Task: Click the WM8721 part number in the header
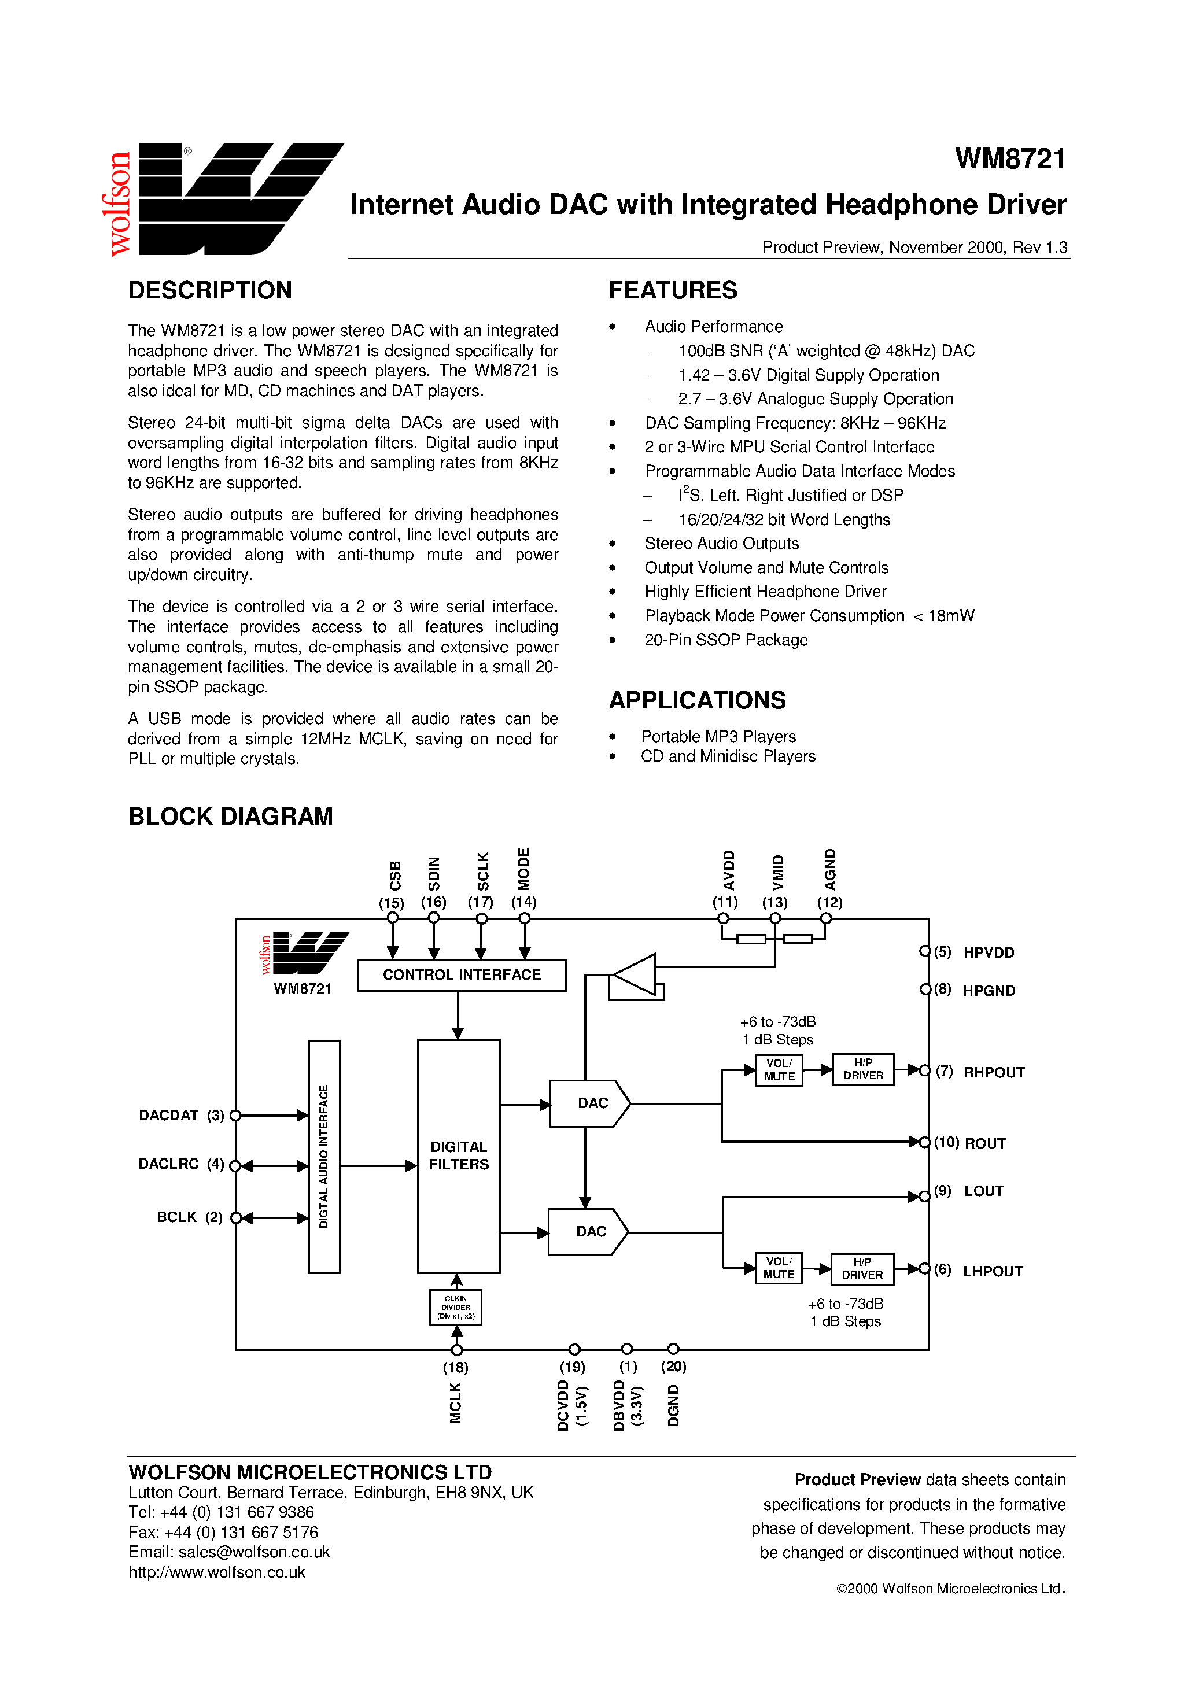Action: [1009, 159]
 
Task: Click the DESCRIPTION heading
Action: [210, 290]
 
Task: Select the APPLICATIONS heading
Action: [697, 700]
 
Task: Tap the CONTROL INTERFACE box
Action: [461, 975]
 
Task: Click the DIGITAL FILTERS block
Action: [458, 1155]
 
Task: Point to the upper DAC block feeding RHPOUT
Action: [589, 1103]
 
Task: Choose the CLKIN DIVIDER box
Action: [455, 1307]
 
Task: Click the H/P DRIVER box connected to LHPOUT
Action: [862, 1268]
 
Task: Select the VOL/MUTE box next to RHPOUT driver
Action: [779, 1069]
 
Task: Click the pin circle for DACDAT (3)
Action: [236, 1116]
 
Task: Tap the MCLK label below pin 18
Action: [455, 1403]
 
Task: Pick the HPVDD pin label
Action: [989, 952]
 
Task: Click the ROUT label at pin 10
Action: [985, 1143]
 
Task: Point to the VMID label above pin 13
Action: [777, 873]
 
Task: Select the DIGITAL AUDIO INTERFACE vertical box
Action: [323, 1156]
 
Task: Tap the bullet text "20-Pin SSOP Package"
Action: [726, 640]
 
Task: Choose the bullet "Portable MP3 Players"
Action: [718, 737]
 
